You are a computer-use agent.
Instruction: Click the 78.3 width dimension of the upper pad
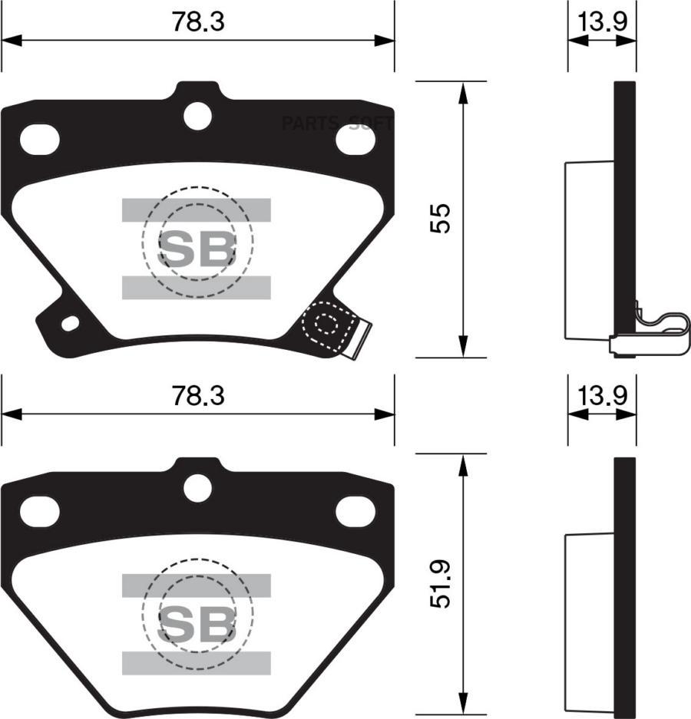[x=197, y=22]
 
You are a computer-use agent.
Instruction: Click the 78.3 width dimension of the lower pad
[x=197, y=396]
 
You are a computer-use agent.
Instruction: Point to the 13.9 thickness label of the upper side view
[x=602, y=22]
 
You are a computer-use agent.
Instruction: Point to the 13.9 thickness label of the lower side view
[x=602, y=396]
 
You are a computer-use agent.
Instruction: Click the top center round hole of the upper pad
[x=197, y=116]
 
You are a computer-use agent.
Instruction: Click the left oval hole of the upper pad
[x=39, y=139]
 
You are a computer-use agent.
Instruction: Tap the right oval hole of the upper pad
[x=355, y=139]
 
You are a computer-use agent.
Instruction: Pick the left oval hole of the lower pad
[x=39, y=512]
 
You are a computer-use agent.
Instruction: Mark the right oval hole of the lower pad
[x=355, y=512]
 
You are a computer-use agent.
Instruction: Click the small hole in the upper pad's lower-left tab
[x=70, y=323]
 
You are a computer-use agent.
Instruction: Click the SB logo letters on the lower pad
[x=197, y=623]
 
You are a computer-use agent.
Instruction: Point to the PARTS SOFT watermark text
[x=338, y=123]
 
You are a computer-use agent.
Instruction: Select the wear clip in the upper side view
[x=653, y=334]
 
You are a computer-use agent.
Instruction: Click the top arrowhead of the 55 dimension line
[x=463, y=92]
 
